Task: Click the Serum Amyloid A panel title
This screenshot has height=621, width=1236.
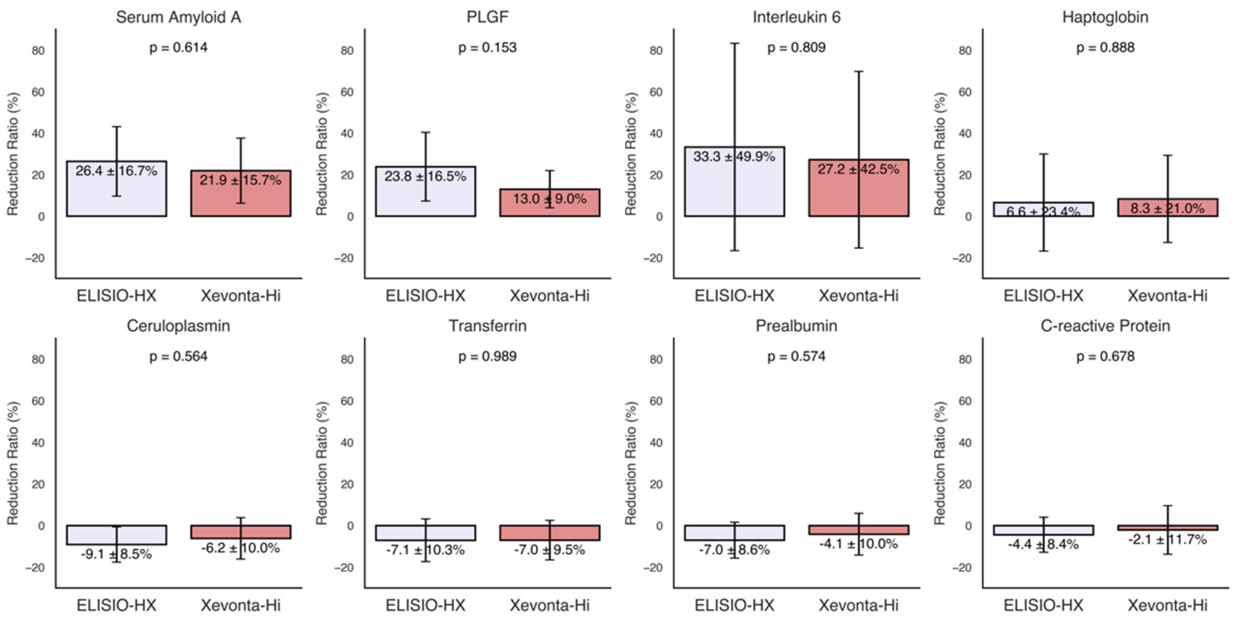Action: [178, 17]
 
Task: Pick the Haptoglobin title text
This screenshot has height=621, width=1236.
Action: [1105, 17]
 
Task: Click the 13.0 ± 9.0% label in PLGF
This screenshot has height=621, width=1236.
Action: [549, 199]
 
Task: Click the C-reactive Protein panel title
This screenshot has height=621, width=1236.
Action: [1105, 326]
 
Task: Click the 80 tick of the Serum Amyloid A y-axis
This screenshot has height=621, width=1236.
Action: [39, 51]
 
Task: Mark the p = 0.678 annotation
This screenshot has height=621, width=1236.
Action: [1105, 356]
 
